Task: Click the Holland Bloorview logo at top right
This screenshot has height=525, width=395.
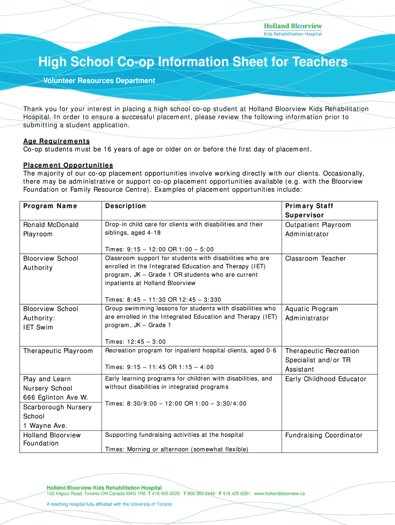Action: pyautogui.click(x=292, y=29)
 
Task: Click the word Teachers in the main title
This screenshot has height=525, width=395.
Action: pyautogui.click(x=320, y=63)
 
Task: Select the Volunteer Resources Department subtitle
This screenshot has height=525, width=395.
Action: pyautogui.click(x=98, y=80)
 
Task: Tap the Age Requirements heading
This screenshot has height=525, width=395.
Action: pyautogui.click(x=56, y=141)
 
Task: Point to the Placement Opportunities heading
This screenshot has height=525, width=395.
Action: pyautogui.click(x=68, y=165)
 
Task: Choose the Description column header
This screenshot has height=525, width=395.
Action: pyautogui.click(x=126, y=206)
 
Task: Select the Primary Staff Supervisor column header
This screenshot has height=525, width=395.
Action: pyautogui.click(x=309, y=210)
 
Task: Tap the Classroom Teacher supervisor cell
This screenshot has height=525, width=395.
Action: pyautogui.click(x=315, y=258)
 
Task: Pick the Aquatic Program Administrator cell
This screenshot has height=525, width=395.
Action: pyautogui.click(x=311, y=313)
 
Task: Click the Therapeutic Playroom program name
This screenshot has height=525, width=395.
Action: pyautogui.click(x=58, y=351)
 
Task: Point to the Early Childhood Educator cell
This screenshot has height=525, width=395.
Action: pyautogui.click(x=326, y=379)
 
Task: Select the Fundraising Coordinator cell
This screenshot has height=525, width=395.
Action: pyautogui.click(x=324, y=435)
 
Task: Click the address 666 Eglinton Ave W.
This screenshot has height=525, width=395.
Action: pyautogui.click(x=55, y=398)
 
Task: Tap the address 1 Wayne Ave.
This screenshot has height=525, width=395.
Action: pyautogui.click(x=45, y=426)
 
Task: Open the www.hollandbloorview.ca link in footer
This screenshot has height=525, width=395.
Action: pyautogui.click(x=280, y=494)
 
